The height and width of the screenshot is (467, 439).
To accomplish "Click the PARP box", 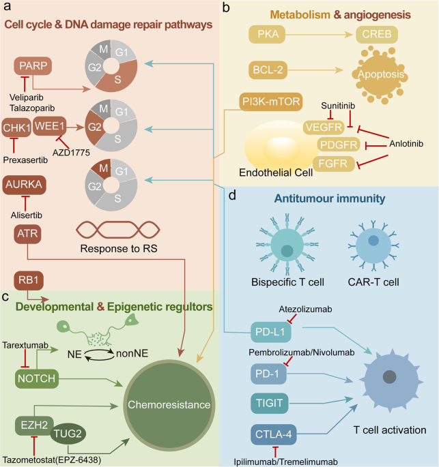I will (x=33, y=67).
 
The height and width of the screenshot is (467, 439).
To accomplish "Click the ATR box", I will (x=28, y=233).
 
